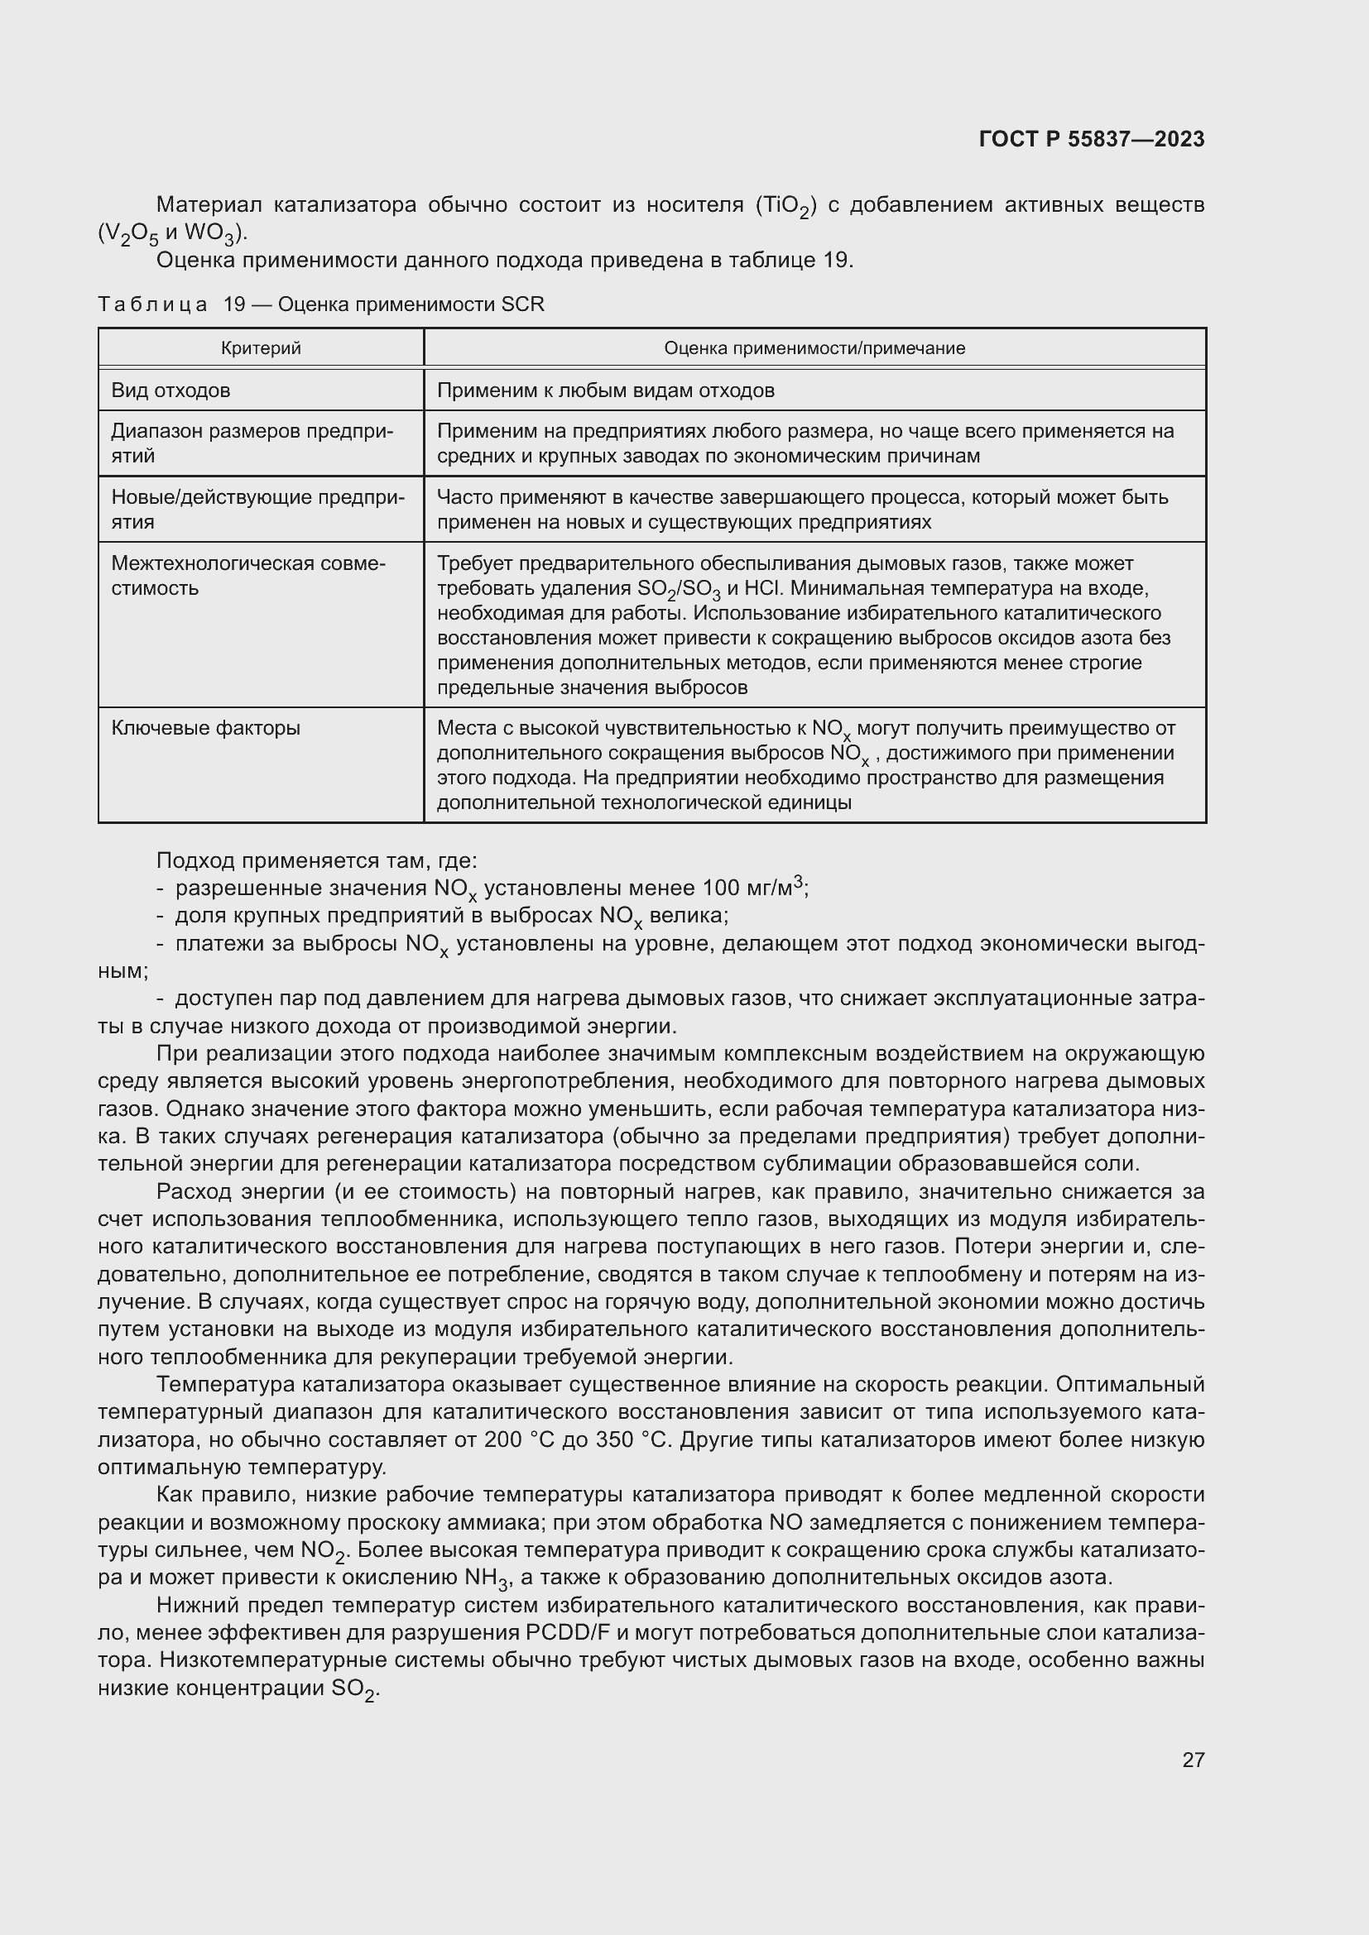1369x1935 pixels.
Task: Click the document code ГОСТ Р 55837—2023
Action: tap(1091, 139)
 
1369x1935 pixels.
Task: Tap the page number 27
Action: tap(1193, 1760)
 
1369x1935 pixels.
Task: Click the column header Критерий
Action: tap(261, 348)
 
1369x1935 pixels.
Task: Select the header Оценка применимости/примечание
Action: tap(814, 348)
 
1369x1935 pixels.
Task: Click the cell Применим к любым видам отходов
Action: tap(605, 390)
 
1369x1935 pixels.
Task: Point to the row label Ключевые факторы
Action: tap(206, 727)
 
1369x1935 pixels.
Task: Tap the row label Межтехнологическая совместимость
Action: tap(247, 575)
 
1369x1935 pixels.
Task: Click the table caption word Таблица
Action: tap(152, 304)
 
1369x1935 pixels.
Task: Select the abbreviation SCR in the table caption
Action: tap(522, 304)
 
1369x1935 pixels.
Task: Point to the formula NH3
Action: tap(488, 1577)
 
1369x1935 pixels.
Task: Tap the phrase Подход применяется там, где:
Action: tap(317, 860)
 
